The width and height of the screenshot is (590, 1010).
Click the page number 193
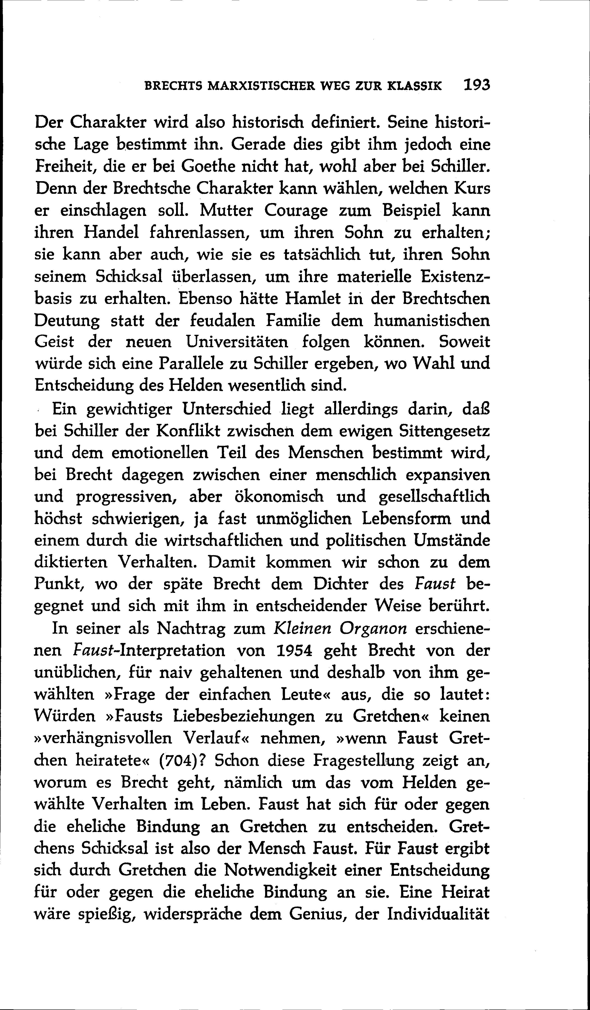coord(476,85)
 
